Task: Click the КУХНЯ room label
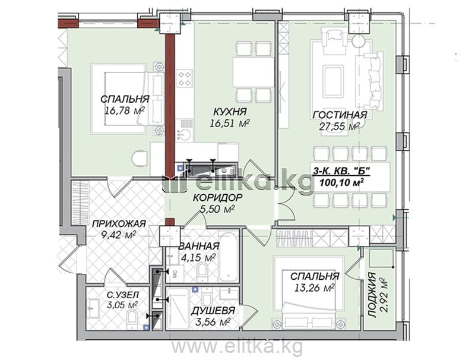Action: coord(230,112)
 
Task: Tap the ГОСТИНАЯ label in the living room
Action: coord(340,115)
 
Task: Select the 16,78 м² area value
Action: coord(124,110)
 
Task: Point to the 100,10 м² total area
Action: coord(341,183)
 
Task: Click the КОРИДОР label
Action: coord(218,198)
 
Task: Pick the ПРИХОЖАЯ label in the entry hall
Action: coord(119,223)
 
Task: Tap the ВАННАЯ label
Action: coord(199,247)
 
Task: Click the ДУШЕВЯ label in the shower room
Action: coord(213,311)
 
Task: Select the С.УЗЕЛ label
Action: coord(123,295)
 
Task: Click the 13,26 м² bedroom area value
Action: coord(315,288)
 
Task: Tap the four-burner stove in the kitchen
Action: coord(185,78)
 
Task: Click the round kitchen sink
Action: coord(185,134)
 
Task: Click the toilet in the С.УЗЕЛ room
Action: coord(132,320)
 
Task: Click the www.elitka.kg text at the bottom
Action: coord(237,346)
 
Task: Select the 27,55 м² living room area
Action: coord(339,126)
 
